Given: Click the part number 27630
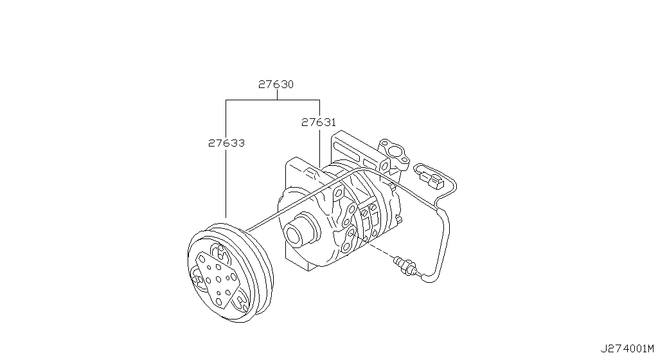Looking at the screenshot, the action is click(276, 84).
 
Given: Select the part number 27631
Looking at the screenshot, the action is click(319, 123).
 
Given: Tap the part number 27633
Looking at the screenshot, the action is click(226, 143).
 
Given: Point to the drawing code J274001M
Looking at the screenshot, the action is click(627, 348).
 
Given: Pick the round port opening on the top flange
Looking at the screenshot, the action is click(395, 152).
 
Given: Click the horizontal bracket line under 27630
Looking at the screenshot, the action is click(272, 100).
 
